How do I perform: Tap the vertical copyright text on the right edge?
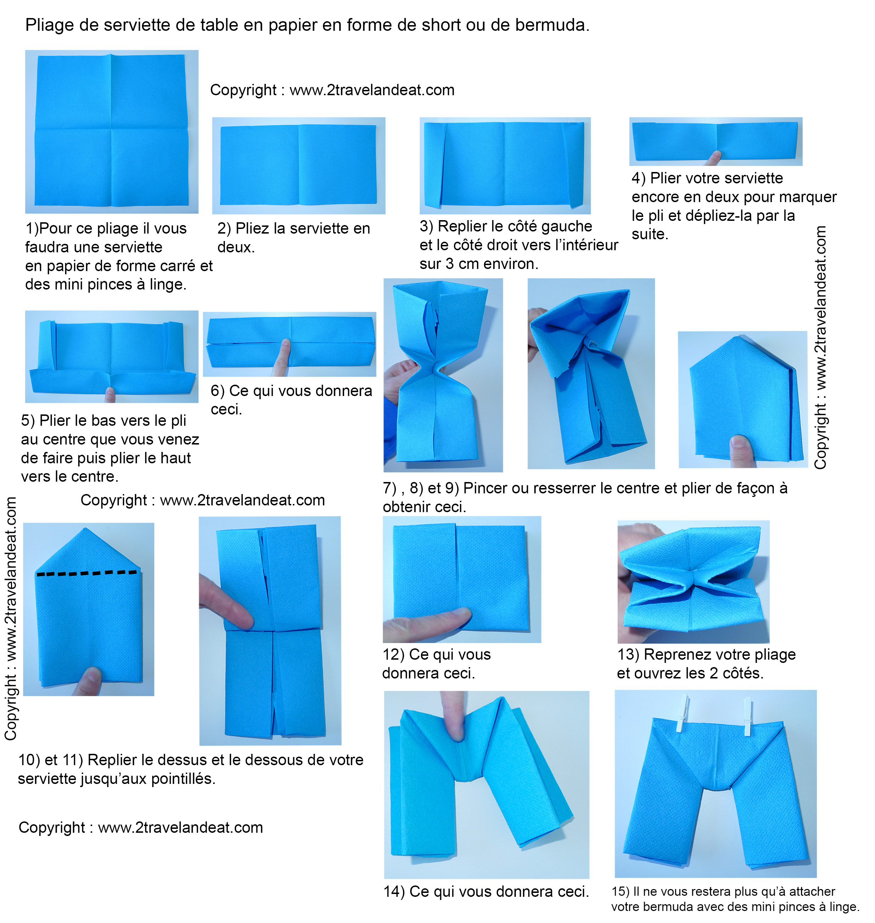pos(820,347)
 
